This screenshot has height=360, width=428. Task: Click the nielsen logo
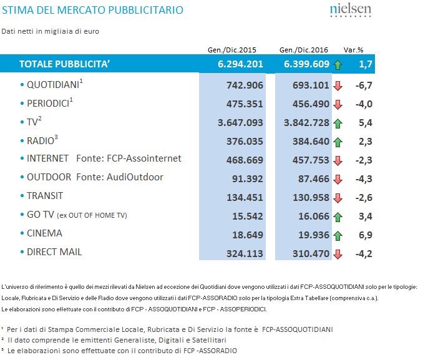[x=349, y=11]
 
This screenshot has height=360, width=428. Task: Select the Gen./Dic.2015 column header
[x=231, y=49]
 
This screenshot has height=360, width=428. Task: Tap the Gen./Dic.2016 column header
[x=304, y=49]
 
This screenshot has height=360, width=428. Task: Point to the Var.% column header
[x=354, y=49]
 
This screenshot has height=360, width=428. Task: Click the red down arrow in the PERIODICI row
[x=338, y=104]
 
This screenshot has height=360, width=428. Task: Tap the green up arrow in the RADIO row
[x=338, y=142]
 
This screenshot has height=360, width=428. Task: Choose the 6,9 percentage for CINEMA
[x=361, y=235]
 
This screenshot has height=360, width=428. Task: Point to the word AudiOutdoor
[x=137, y=177]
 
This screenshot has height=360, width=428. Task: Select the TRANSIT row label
[x=45, y=196]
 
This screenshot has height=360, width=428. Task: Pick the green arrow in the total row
[x=338, y=64]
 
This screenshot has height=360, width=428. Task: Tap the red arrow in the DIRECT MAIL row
[x=338, y=254]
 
